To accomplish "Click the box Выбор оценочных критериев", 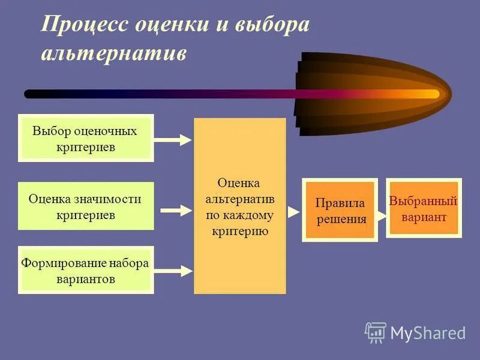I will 86,138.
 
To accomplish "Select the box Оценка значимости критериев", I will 86,206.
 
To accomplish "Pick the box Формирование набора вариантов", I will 86,270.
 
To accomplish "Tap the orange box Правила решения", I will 340,209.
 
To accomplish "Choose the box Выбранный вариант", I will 424,208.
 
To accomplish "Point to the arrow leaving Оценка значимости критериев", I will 175,211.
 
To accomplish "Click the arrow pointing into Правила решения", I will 293,211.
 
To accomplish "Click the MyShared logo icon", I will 376,332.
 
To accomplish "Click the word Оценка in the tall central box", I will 238,182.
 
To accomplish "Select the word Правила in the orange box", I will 340,203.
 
